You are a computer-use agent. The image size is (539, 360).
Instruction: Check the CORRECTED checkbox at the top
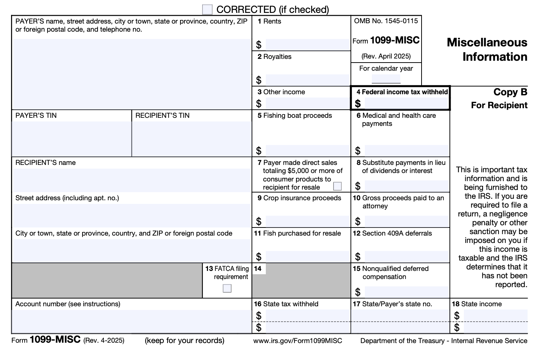207,10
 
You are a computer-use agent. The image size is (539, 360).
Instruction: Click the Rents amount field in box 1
307,45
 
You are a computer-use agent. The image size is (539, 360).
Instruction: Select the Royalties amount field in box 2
307,80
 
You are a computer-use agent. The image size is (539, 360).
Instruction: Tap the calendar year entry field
386,79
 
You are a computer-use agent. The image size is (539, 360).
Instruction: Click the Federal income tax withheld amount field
406,103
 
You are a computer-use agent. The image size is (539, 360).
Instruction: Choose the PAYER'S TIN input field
71,139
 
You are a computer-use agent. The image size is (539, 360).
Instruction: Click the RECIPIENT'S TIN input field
191,139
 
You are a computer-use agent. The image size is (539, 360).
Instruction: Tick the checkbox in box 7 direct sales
337,186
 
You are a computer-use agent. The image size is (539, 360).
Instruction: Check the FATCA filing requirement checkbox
227,288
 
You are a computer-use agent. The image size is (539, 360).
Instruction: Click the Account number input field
131,321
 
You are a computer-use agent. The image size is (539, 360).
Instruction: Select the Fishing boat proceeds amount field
307,151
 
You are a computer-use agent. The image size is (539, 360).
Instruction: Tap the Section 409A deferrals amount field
406,257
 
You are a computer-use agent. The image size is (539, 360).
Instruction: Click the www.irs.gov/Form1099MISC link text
297,341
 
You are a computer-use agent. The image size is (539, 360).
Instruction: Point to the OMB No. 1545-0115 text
386,21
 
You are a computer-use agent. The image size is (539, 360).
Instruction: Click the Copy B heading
510,92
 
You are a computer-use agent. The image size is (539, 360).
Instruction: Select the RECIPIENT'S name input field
131,180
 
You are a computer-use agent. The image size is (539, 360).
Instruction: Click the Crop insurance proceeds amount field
307,221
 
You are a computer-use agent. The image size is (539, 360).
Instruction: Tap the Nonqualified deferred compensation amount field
406,292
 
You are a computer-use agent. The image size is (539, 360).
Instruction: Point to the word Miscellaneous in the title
487,43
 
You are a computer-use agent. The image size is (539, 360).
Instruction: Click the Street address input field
131,215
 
